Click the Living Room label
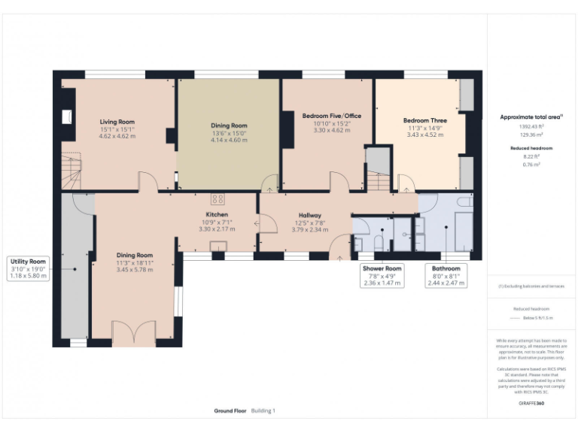(117, 122)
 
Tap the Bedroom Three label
(424, 121)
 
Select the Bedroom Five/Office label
(327, 117)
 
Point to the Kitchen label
(217, 215)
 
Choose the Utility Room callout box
(29, 268)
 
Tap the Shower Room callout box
(382, 276)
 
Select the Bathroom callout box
(446, 276)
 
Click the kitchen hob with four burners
(218, 199)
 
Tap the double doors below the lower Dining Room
(127, 334)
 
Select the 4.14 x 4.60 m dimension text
(229, 140)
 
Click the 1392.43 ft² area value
(531, 126)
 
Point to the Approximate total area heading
(531, 117)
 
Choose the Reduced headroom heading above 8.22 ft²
(531, 149)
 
